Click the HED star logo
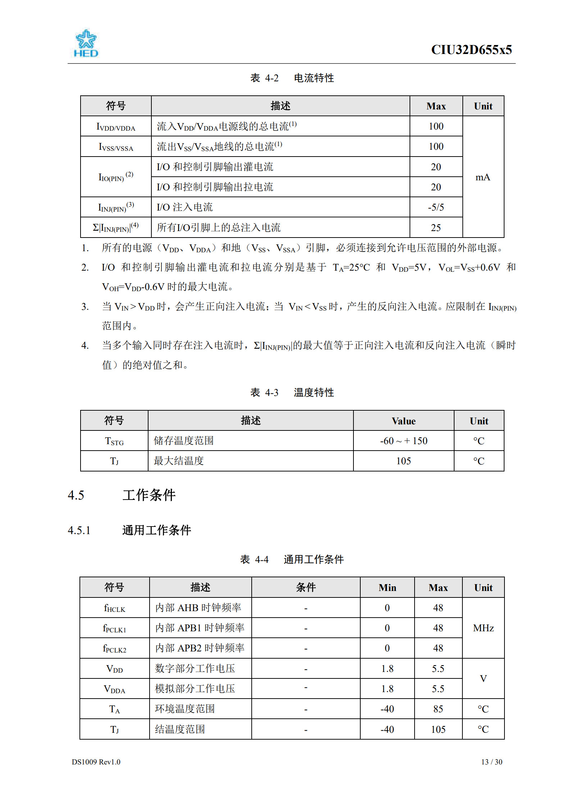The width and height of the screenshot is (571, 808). click(x=86, y=43)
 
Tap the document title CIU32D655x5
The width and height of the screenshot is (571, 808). click(x=471, y=50)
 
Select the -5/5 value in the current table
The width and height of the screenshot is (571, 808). click(x=436, y=207)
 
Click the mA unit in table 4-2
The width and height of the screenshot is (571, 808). click(x=483, y=177)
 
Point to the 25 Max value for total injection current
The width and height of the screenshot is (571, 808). click(x=436, y=228)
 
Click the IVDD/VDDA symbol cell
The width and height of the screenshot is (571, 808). click(x=116, y=127)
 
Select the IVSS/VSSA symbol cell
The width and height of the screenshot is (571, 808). click(x=116, y=147)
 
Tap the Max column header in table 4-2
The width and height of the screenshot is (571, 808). click(x=436, y=106)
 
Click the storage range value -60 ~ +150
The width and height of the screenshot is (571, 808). click(x=403, y=441)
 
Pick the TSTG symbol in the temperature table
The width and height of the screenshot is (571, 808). click(x=114, y=441)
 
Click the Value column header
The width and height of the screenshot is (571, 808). click(x=403, y=421)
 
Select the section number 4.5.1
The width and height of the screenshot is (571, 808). click(x=79, y=531)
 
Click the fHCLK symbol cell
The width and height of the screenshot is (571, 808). click(x=114, y=608)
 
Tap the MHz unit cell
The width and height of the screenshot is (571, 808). click(x=483, y=628)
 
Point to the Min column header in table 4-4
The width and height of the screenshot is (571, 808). click(x=387, y=588)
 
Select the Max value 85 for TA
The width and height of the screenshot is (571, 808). click(x=438, y=709)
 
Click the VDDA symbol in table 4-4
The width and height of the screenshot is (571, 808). click(x=114, y=689)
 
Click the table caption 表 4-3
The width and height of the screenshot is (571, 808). click(x=264, y=392)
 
